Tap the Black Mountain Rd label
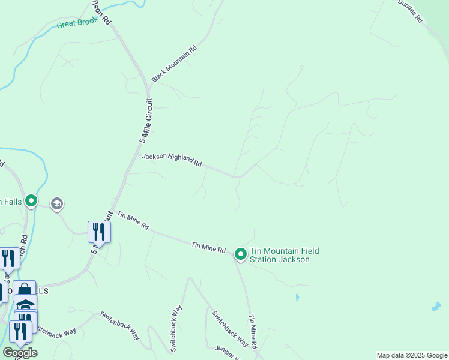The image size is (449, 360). pyautogui.click(x=174, y=65)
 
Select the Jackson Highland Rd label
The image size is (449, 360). pyautogui.click(x=171, y=160)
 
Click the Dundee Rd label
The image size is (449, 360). pyautogui.click(x=411, y=11)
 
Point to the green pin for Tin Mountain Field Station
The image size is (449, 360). pyautogui.click(x=240, y=254)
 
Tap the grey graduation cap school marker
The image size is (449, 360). pyautogui.click(x=57, y=204)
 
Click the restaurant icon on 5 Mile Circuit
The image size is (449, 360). pyautogui.click(x=98, y=232)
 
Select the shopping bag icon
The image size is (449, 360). pyautogui.click(x=25, y=290)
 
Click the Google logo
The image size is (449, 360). pyautogui.click(x=20, y=353)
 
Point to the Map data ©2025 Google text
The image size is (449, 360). pyautogui.click(x=412, y=355)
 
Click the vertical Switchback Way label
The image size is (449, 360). pyautogui.click(x=176, y=328)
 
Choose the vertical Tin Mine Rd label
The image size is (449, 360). pyautogui.click(x=253, y=332)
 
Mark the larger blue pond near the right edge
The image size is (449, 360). pyautogui.click(x=436, y=306)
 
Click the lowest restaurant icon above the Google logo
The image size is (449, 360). pyautogui.click(x=20, y=332)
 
